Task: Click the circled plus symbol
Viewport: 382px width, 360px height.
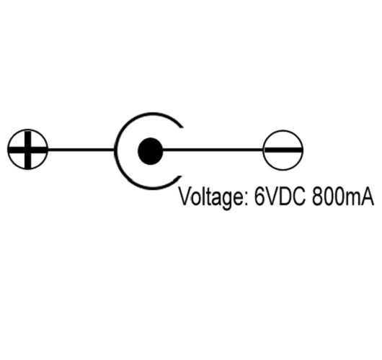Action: pyautogui.click(x=27, y=149)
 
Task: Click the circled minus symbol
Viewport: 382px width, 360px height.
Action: pyautogui.click(x=283, y=150)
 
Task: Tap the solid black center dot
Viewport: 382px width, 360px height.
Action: pyautogui.click(x=151, y=151)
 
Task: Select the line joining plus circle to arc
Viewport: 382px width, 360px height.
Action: pyautogui.click(x=81, y=150)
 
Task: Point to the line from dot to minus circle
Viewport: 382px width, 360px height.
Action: pyautogui.click(x=213, y=150)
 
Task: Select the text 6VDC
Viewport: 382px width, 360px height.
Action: pyautogui.click(x=280, y=197)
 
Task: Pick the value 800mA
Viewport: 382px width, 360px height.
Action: pyautogui.click(x=343, y=197)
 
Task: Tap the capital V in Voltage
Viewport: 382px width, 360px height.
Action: pyautogui.click(x=186, y=197)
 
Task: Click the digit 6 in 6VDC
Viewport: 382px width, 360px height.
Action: pyautogui.click(x=259, y=197)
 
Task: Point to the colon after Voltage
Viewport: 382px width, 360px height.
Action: pyautogui.click(x=246, y=199)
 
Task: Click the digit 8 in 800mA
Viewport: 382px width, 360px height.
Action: pyautogui.click(x=317, y=197)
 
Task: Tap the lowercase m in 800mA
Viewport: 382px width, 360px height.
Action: pyautogui.click(x=352, y=199)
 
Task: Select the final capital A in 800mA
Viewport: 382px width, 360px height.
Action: pyautogui.click(x=367, y=197)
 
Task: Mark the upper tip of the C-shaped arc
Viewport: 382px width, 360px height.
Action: pyautogui.click(x=182, y=126)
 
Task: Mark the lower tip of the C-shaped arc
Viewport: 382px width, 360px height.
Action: pyautogui.click(x=180, y=176)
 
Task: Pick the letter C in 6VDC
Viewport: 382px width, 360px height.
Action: pyautogui.click(x=298, y=197)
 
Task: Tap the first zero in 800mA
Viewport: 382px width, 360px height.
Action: pyautogui.click(x=329, y=197)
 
